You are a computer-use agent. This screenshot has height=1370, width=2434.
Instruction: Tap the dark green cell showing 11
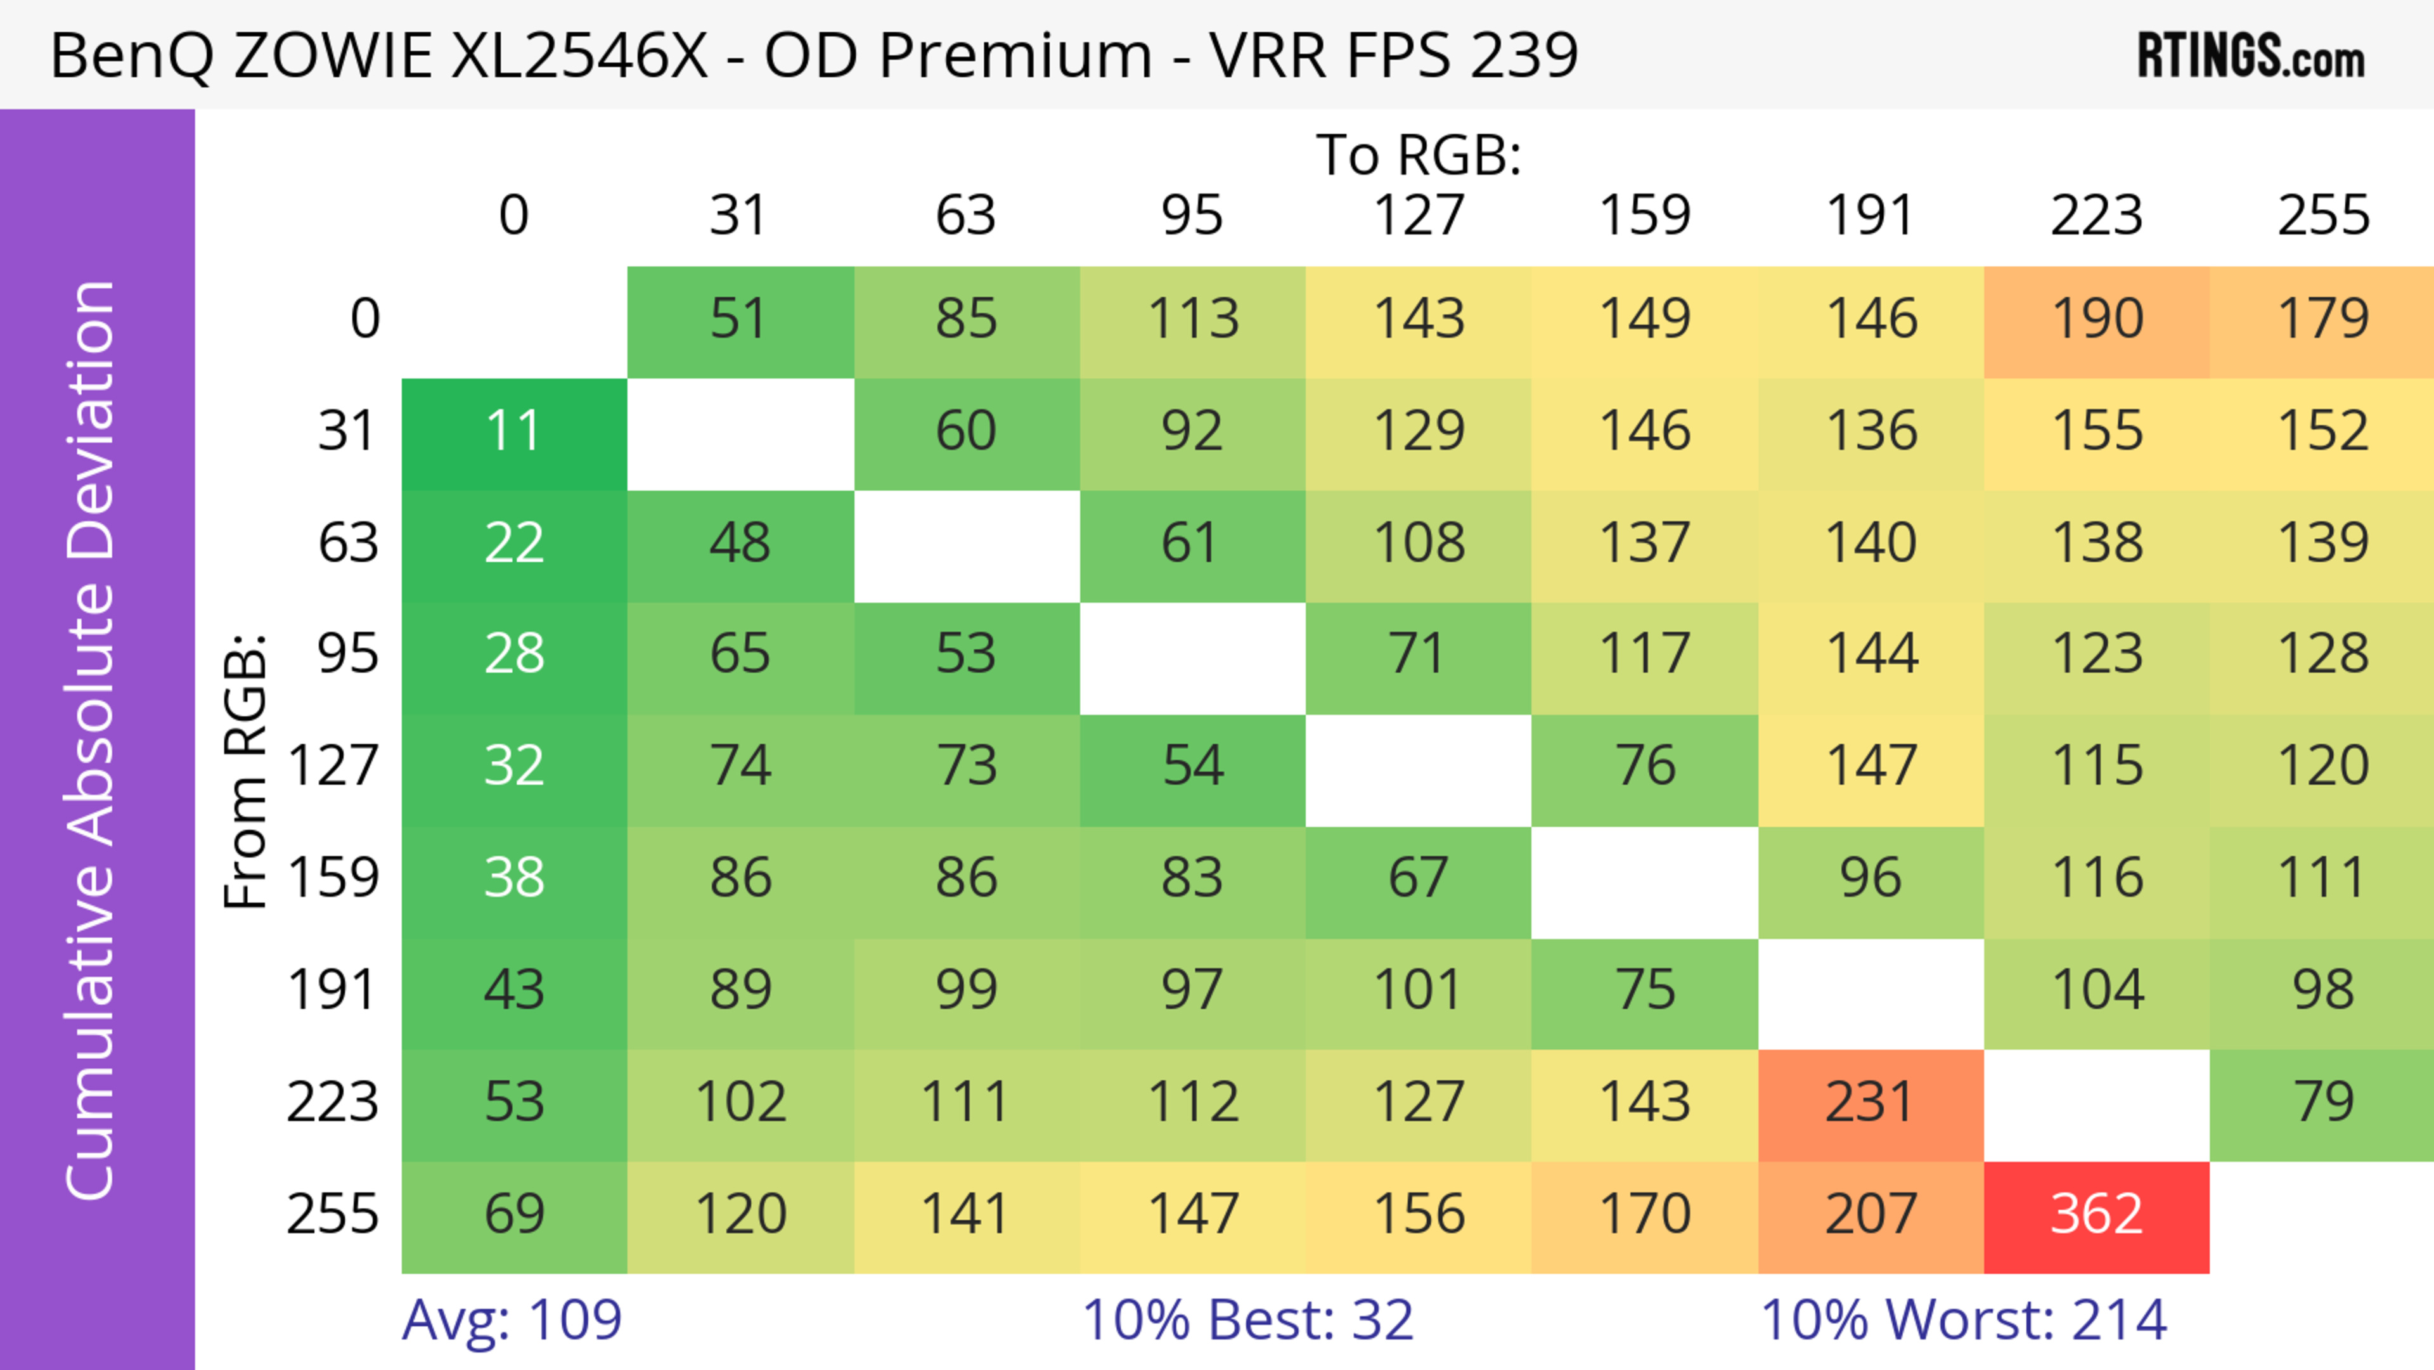pyautogui.click(x=514, y=433)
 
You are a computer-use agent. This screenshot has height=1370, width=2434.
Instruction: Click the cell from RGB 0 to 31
pyautogui.click(x=740, y=320)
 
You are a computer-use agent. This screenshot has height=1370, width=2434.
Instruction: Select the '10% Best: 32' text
pyautogui.click(x=1247, y=1320)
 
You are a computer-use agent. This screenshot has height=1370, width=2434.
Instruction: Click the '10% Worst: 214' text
pyautogui.click(x=1964, y=1320)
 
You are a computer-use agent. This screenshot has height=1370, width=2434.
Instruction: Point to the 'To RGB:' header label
pyautogui.click(x=1419, y=155)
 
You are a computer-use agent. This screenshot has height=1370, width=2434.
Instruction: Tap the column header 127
pyautogui.click(x=1419, y=216)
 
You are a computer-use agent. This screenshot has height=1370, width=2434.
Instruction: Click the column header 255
pyautogui.click(x=2322, y=216)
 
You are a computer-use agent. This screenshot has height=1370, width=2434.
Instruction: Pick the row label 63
pyautogui.click(x=348, y=543)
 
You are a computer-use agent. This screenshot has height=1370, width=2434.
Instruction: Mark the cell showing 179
pyautogui.click(x=2322, y=320)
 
